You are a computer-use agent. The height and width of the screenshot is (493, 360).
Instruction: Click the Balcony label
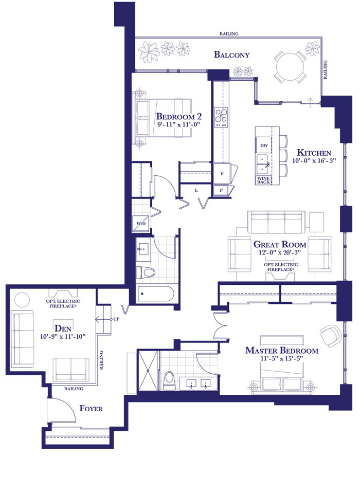(x=232, y=54)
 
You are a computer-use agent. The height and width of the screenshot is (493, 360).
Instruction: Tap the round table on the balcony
(x=290, y=67)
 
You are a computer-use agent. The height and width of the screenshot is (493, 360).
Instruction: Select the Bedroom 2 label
(x=179, y=116)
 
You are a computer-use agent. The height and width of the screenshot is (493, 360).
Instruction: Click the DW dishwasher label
(x=264, y=145)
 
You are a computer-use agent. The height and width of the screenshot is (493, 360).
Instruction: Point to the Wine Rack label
(x=263, y=180)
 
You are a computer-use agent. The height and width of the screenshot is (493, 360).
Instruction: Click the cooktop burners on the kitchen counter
(x=221, y=117)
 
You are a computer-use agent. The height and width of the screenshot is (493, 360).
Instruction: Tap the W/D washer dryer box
(x=140, y=224)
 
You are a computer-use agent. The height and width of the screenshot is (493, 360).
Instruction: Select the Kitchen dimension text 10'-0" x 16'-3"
(x=314, y=161)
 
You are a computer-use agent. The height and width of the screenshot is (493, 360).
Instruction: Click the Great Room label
(x=279, y=244)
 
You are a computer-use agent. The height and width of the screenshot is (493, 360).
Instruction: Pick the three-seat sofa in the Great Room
(x=276, y=222)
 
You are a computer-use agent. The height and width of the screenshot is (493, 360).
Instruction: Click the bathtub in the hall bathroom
(x=155, y=294)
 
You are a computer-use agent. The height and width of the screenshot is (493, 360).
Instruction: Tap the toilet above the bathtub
(x=146, y=272)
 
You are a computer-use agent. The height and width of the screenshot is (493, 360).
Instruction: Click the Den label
(x=63, y=328)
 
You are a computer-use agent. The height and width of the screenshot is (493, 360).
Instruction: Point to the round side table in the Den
(x=22, y=300)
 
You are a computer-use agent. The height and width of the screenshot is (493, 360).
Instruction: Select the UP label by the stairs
(x=116, y=319)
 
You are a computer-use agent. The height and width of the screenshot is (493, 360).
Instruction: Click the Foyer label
(x=91, y=408)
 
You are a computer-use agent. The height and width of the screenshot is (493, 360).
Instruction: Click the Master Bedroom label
(x=282, y=350)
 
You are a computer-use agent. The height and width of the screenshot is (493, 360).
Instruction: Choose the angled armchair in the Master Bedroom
(x=331, y=335)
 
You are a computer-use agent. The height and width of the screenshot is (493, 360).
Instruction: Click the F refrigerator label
(x=222, y=174)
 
